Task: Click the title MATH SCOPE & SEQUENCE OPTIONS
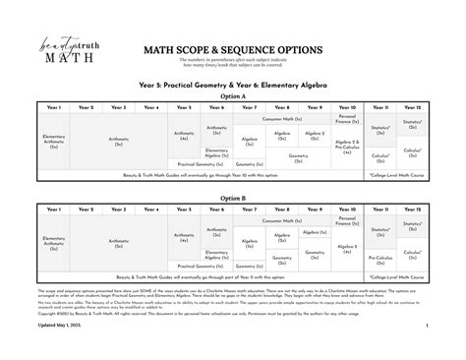click(x=232, y=48)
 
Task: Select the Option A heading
click(x=232, y=97)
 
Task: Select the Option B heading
click(x=232, y=198)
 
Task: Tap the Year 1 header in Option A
click(x=53, y=107)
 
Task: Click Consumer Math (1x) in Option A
click(x=282, y=118)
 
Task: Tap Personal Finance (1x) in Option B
click(x=347, y=219)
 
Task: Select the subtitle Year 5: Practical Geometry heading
click(x=232, y=87)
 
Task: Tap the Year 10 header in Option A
click(x=347, y=107)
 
